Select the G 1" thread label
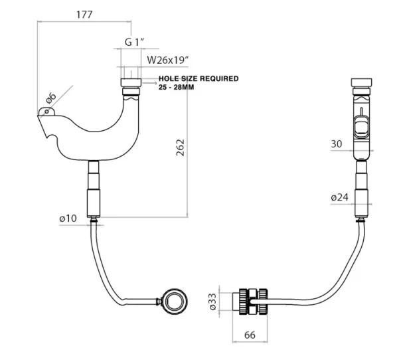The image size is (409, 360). [134, 42]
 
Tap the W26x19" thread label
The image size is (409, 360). [168, 59]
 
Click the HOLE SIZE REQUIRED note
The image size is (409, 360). [198, 78]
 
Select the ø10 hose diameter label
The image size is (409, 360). [68, 219]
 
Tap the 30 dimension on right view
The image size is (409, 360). [337, 143]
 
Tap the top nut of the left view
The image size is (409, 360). [130, 84]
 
